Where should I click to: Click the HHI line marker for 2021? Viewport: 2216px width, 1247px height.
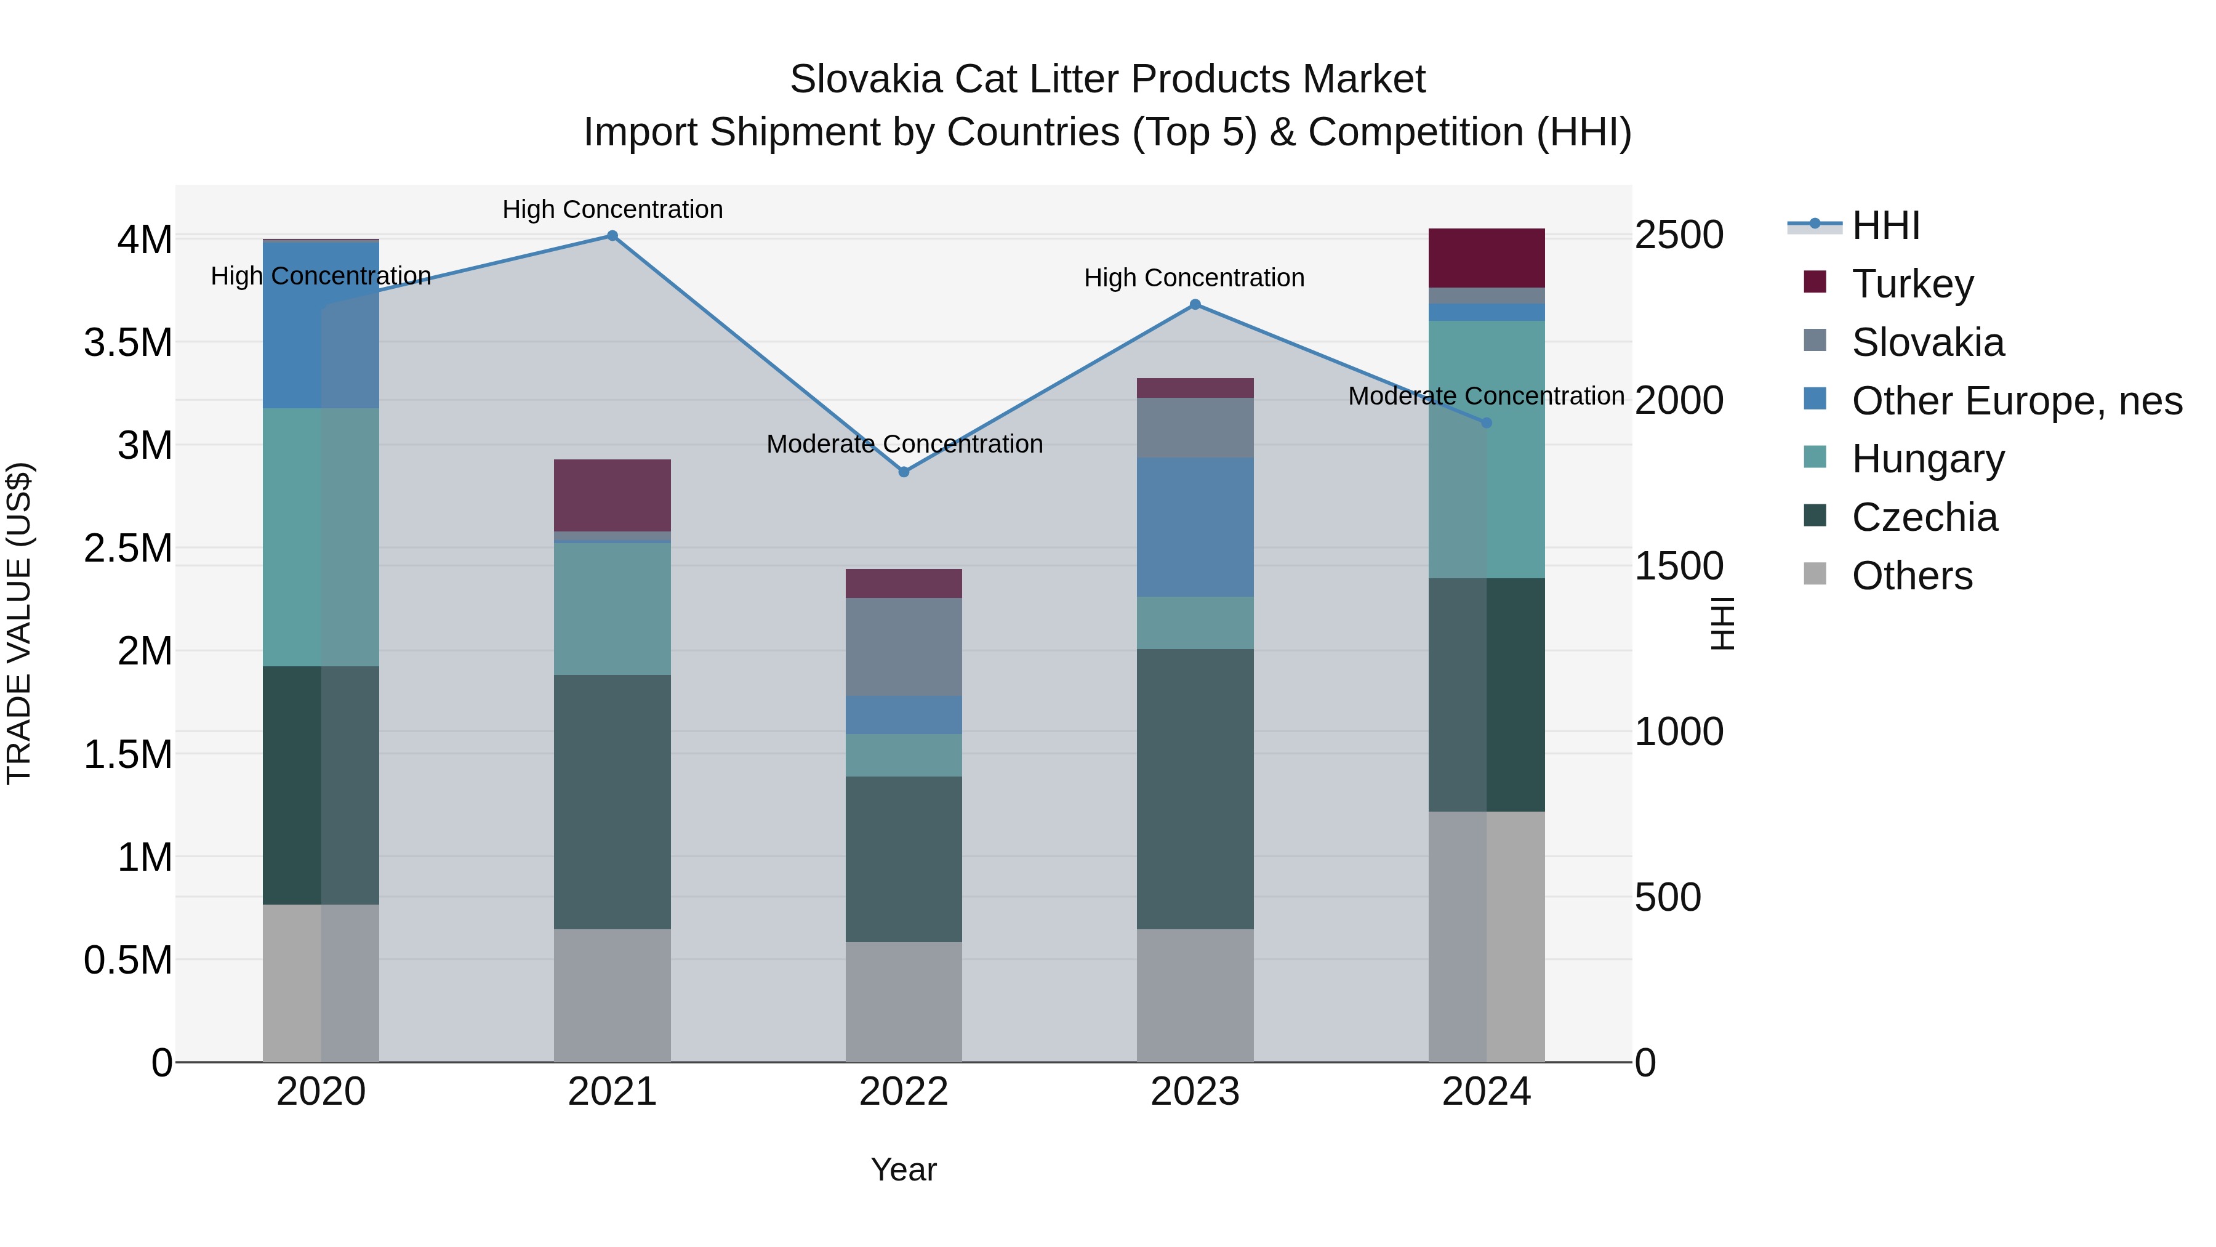pyautogui.click(x=612, y=235)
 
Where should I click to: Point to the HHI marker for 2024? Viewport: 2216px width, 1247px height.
pyautogui.click(x=1487, y=422)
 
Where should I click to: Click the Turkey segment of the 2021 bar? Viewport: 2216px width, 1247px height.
pyautogui.click(x=612, y=495)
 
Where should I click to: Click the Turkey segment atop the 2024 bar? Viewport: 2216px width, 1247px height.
pyautogui.click(x=1487, y=257)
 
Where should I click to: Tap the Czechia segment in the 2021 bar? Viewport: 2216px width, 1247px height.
pyautogui.click(x=612, y=801)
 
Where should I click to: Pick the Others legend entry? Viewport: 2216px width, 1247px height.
pyautogui.click(x=1911, y=576)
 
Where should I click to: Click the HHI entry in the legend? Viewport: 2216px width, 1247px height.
pyautogui.click(x=1885, y=225)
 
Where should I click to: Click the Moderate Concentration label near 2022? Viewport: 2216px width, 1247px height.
pyautogui.click(x=904, y=444)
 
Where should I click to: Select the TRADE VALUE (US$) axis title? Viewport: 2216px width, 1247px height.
pyautogui.click(x=19, y=623)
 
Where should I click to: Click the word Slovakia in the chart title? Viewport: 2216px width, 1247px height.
pyautogui.click(x=865, y=79)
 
